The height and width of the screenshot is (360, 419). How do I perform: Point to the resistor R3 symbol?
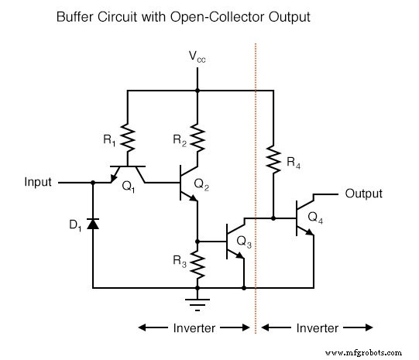198,262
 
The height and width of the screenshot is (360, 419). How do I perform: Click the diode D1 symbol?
93,224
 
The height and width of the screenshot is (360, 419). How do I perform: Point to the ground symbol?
198,297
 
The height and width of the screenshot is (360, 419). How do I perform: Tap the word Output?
363,193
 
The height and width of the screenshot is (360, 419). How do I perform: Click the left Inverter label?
193,327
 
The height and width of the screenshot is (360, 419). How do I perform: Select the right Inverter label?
318,327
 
